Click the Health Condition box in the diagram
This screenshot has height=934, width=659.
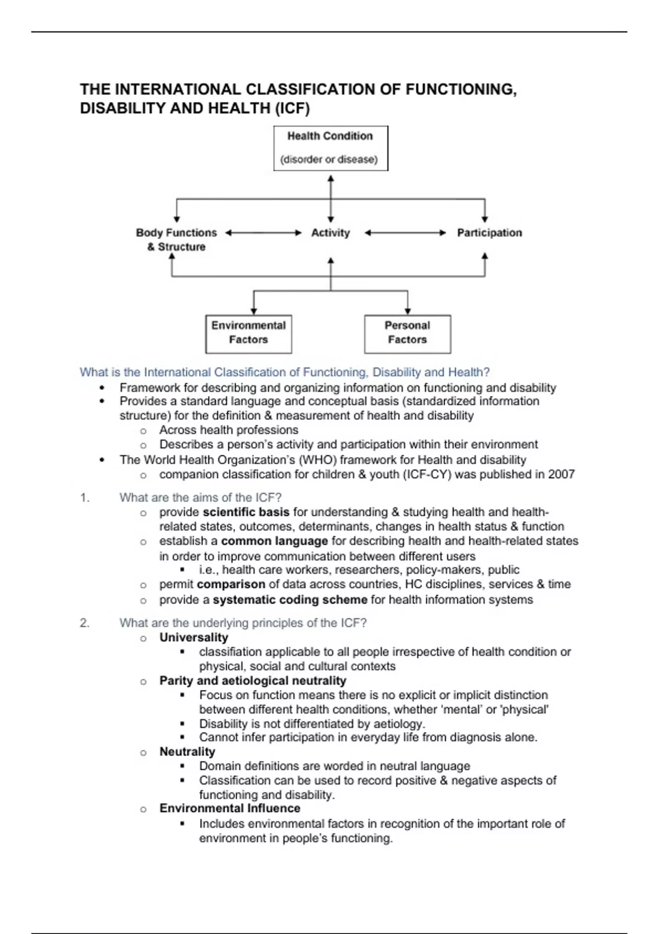[331, 148]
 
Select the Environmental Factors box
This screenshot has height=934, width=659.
[248, 333]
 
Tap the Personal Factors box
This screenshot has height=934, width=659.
[407, 333]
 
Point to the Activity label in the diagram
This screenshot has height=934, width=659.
[331, 233]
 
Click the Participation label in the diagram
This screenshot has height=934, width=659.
[489, 233]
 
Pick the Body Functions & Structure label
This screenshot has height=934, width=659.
[176, 240]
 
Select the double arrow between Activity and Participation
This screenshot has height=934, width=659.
[405, 233]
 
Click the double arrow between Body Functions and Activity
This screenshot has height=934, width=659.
[264, 233]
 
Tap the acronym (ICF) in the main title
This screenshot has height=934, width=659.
[292, 108]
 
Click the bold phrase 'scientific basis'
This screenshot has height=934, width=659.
[246, 512]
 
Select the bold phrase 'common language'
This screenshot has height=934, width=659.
[275, 541]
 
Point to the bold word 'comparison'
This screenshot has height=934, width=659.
[231, 584]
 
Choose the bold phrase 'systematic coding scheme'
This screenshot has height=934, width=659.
[290, 599]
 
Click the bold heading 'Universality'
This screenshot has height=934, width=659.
[194, 637]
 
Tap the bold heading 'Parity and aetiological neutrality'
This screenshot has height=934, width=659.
[253, 681]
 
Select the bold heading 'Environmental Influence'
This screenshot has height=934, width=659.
[230, 808]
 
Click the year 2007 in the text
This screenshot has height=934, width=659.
[561, 474]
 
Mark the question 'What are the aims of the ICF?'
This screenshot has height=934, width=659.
[200, 498]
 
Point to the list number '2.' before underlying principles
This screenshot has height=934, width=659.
[85, 623]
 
